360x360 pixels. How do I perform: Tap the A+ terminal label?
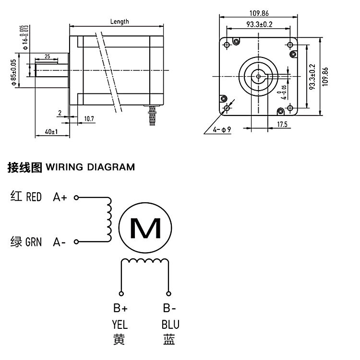coord(60,197)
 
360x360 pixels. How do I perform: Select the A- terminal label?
coord(60,243)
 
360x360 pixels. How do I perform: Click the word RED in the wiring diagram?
coord(34,197)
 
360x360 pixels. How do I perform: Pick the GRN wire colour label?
coord(34,243)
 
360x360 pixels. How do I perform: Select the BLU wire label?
coord(170,325)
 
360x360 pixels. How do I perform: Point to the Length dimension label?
coord(120,22)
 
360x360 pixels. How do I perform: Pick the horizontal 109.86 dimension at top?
coord(259,13)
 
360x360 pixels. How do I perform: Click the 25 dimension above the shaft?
coord(47,57)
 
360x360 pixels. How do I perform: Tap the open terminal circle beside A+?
coord(75,197)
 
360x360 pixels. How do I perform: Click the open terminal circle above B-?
coord(168,293)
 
